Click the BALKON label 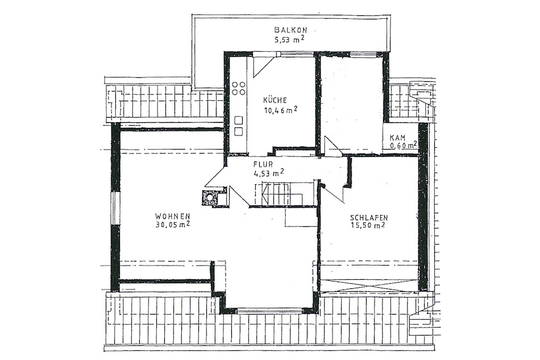coord(290,30)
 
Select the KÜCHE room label coord(275,100)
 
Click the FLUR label coord(263,165)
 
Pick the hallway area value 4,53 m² coord(269,173)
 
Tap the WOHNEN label coord(173,216)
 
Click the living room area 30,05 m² coord(173,225)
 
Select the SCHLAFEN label coord(369,218)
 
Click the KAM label coord(397,138)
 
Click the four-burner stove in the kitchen coord(238,88)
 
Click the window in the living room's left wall coord(115,208)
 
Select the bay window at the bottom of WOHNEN coord(269,311)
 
